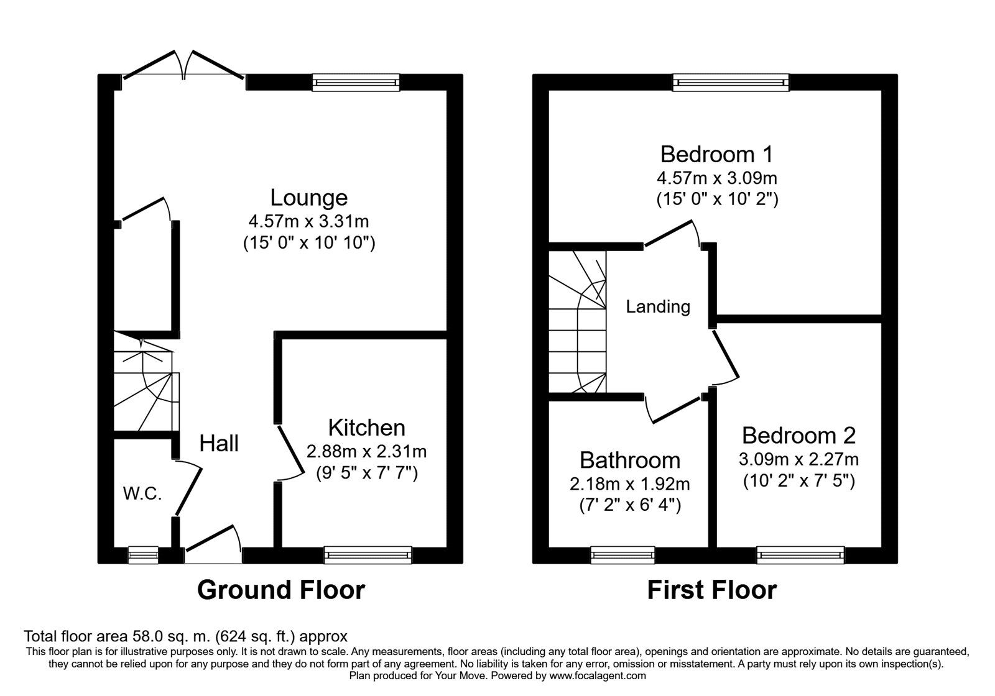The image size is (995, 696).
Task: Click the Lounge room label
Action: (308, 198)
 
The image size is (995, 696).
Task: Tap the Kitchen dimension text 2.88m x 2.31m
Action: (366, 452)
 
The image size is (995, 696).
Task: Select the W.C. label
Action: (142, 493)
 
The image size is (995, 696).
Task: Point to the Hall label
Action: (218, 443)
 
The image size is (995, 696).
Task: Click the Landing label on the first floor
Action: (658, 307)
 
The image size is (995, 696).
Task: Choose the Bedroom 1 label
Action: (716, 155)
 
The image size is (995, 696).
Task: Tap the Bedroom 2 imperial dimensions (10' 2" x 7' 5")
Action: (799, 481)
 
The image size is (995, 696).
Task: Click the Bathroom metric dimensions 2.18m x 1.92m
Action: (630, 484)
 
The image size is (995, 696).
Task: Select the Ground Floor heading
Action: (281, 590)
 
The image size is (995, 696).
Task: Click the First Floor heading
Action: (712, 590)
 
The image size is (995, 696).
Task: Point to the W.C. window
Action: (143, 555)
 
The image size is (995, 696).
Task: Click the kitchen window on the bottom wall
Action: (368, 555)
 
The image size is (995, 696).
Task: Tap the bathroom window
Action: (622, 555)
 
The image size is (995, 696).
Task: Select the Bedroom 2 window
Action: (800, 555)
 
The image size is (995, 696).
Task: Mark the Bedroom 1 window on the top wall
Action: (731, 83)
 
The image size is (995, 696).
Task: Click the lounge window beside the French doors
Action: (356, 83)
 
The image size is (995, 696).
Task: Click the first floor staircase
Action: (578, 322)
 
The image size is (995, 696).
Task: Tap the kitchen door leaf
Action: (291, 450)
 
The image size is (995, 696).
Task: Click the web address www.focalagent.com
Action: (598, 676)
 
